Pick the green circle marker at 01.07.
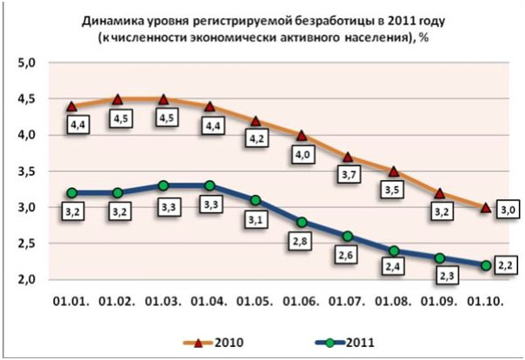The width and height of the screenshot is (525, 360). coord(349,236)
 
